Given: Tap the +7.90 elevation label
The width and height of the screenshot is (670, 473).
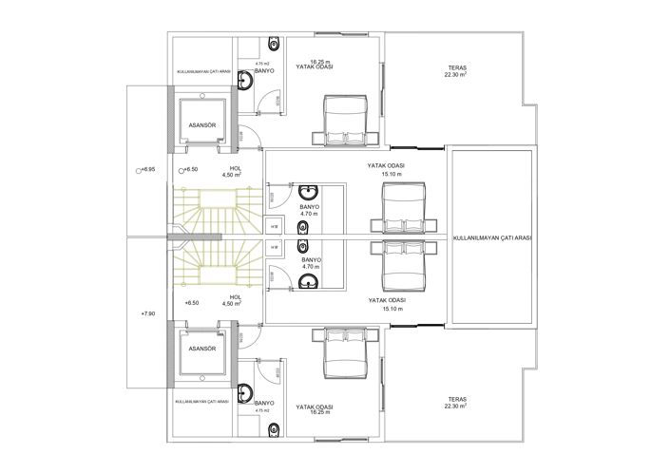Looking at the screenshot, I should click(x=146, y=312).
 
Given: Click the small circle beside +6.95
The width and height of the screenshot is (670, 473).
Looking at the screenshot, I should click(x=138, y=168).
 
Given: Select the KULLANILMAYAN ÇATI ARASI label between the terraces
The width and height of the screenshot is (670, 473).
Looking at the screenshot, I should click(x=491, y=237).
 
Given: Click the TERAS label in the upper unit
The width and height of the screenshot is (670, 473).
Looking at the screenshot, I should click(x=457, y=67).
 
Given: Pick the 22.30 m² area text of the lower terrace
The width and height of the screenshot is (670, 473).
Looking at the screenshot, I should click(x=457, y=406).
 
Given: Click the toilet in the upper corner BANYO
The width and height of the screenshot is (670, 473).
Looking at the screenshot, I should click(x=274, y=44).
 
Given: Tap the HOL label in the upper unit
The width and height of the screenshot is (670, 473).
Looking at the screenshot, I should click(x=234, y=169).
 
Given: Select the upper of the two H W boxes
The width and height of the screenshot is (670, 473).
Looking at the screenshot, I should click(x=275, y=226).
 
